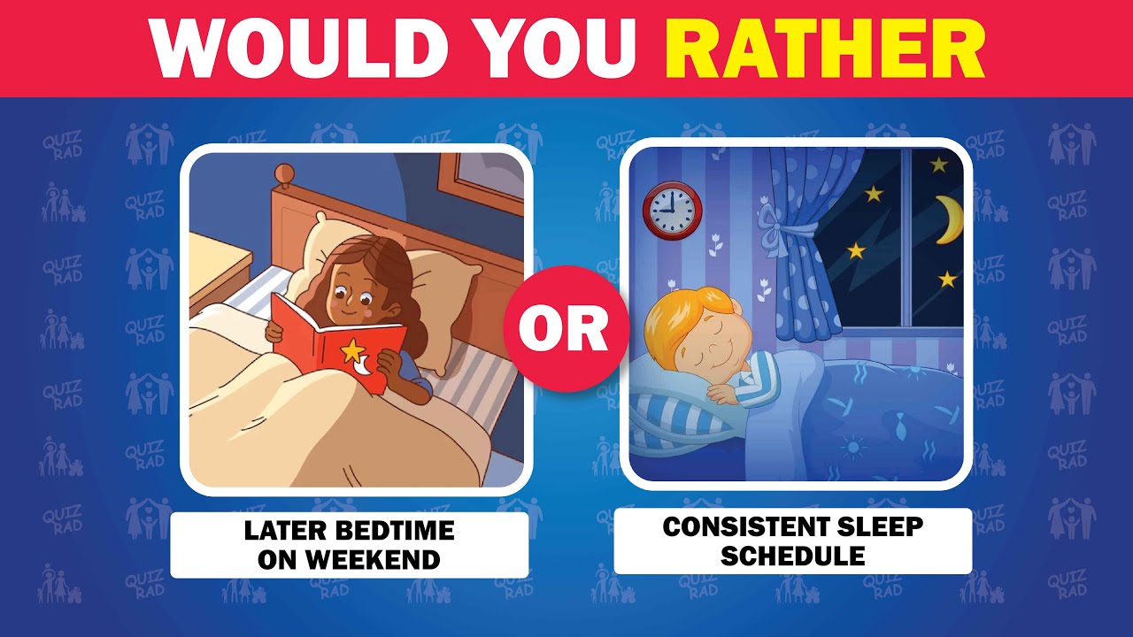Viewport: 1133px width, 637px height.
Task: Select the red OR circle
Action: pos(564,329)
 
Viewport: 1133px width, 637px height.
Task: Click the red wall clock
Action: pos(672,210)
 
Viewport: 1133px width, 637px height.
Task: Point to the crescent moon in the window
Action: pos(949,219)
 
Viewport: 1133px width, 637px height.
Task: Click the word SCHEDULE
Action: pos(792,556)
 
